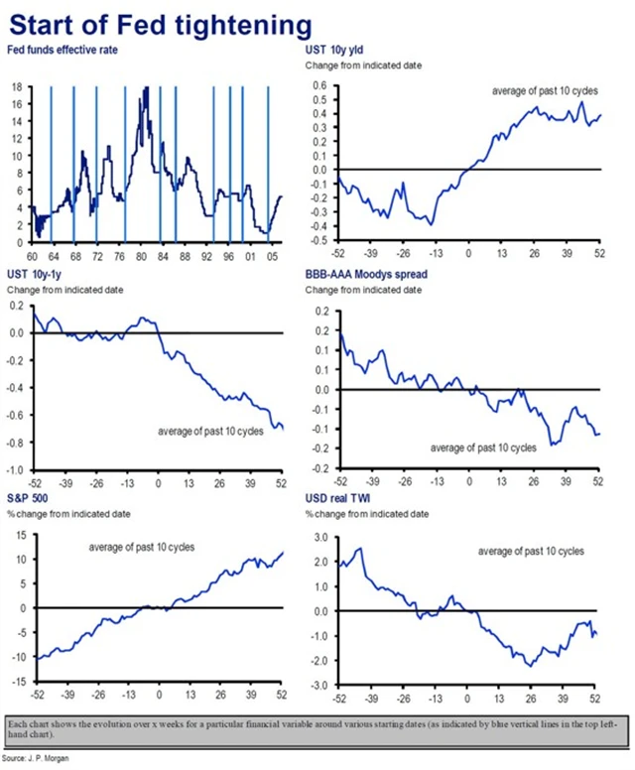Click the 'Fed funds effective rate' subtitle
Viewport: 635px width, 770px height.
[64, 50]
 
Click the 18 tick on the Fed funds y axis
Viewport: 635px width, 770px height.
[18, 87]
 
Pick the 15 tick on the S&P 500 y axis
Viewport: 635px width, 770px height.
[20, 534]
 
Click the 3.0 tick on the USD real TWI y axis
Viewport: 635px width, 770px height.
[321, 537]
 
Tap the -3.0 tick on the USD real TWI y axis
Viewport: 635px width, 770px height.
[319, 686]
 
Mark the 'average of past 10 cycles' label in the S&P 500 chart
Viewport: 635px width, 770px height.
[142, 547]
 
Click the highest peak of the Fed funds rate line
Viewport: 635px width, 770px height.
[147, 88]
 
